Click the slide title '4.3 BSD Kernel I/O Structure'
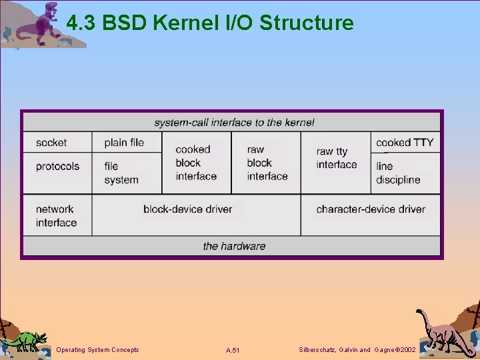pos(210,23)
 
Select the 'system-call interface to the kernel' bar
pos(233,122)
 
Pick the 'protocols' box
pos(57,166)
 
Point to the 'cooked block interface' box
pos(196,163)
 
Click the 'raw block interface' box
pos(267,163)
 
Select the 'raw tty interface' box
pos(337,159)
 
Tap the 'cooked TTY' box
pos(405,142)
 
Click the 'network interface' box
pos(56,215)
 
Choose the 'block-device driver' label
pos(187,209)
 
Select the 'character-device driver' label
pos(371,209)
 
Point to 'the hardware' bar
pos(234,246)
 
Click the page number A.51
pos(233,350)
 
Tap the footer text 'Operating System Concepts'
pos(98,350)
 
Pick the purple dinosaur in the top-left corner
pos(43,23)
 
